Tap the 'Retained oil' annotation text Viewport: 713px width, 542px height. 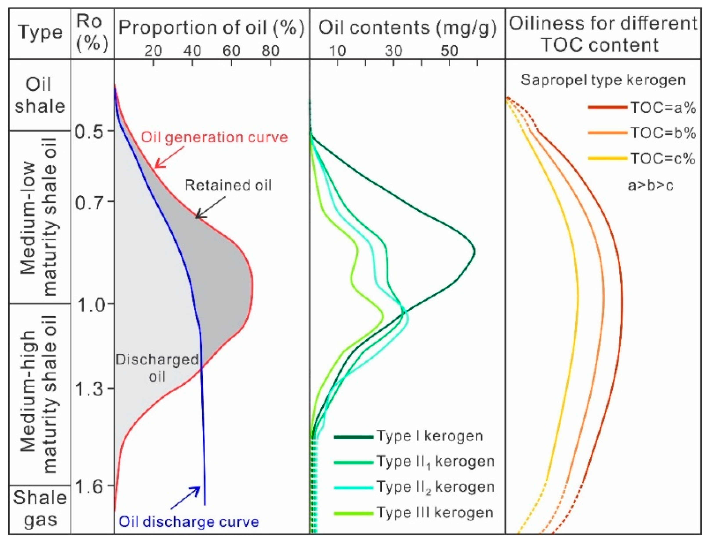click(x=228, y=186)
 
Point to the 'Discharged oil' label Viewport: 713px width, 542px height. click(x=157, y=368)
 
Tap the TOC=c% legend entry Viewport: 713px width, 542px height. click(x=663, y=159)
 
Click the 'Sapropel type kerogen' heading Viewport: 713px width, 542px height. click(x=603, y=80)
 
